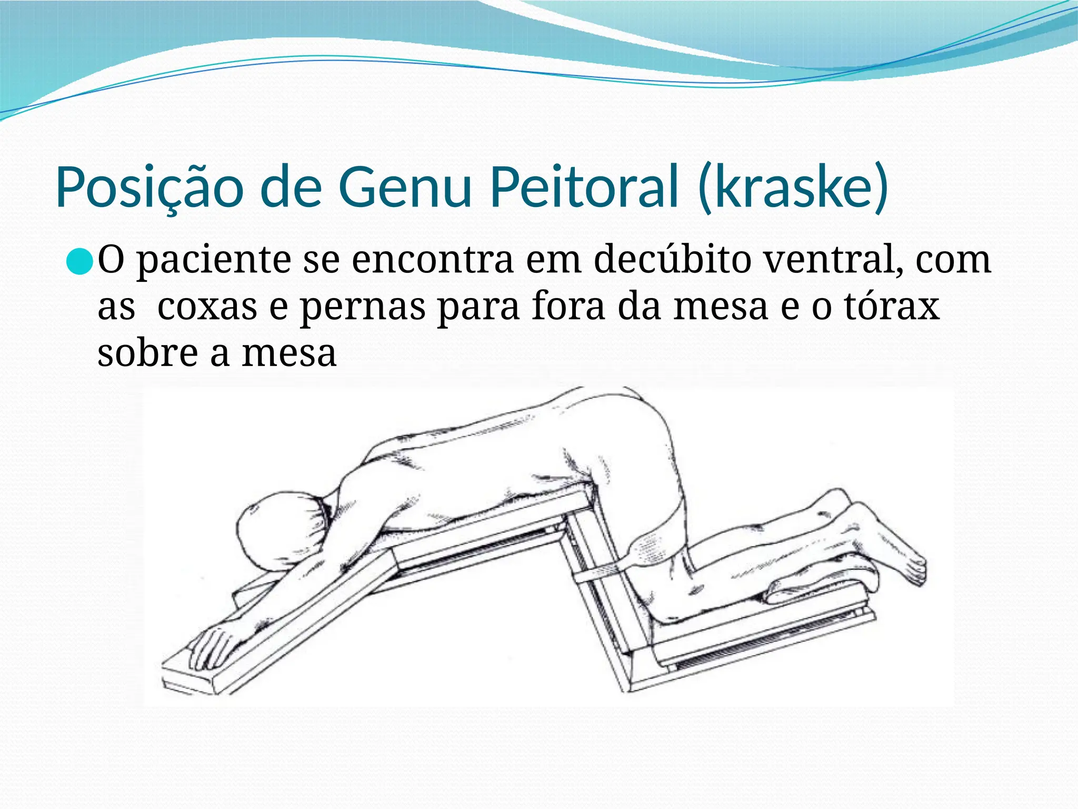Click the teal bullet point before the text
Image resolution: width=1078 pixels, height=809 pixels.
tap(81, 261)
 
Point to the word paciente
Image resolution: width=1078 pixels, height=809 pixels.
tap(214, 260)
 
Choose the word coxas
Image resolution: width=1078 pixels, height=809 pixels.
tap(207, 307)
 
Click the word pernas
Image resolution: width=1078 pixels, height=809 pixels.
tap(363, 308)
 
